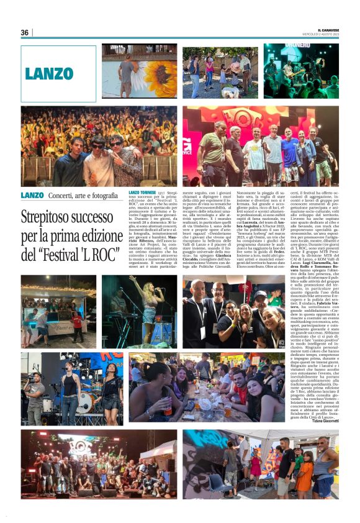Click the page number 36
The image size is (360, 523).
(x=25, y=32)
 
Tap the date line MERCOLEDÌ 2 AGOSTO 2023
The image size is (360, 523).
(x=325, y=34)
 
